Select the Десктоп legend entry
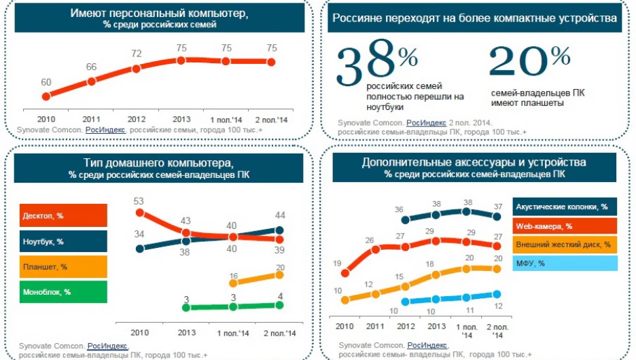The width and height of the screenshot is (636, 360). tap(63, 215)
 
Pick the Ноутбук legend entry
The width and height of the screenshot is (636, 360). tap(63, 241)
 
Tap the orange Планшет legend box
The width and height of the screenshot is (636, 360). tap(63, 267)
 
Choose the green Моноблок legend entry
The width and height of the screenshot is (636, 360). tap(63, 293)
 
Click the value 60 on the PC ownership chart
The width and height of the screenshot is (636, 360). tap(46, 83)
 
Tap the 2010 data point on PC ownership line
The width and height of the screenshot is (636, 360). tap(46, 97)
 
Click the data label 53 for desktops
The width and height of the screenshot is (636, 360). tap(139, 201)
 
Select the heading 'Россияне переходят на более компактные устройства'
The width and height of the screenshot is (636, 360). tap(474, 18)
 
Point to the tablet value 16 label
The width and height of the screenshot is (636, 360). tap(233, 276)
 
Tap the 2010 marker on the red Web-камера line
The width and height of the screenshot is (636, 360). tap(344, 273)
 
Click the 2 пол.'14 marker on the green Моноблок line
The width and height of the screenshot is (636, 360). tap(279, 305)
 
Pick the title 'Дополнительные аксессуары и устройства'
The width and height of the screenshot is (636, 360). tap(474, 162)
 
